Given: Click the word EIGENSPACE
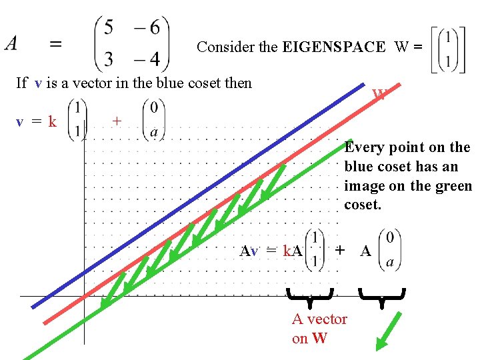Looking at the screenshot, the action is (333, 47).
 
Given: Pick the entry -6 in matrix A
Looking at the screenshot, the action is (147, 28).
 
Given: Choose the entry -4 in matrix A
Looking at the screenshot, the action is (147, 60).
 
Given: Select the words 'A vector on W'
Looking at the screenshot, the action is (319, 328).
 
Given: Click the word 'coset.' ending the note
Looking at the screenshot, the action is (362, 205).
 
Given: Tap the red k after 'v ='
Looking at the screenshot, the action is (51, 121).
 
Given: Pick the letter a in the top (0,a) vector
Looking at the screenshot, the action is (154, 132).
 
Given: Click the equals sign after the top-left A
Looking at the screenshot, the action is (57, 44).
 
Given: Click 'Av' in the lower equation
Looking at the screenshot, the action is (249, 251).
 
